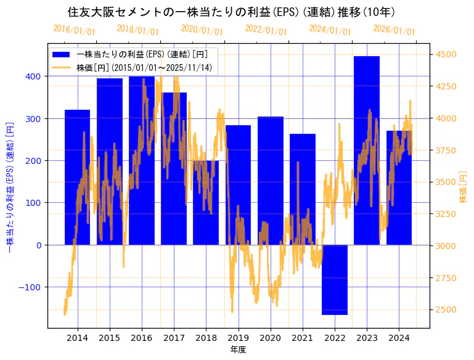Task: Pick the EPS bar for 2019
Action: [x=238, y=185]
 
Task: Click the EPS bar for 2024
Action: [x=399, y=187]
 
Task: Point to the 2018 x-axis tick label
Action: [x=206, y=338]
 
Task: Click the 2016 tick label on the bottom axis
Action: [x=142, y=338]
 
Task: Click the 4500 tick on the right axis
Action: [x=446, y=54]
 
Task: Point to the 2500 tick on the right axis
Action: [x=446, y=309]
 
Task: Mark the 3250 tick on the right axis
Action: [x=446, y=214]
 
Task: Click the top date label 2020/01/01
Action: [x=202, y=30]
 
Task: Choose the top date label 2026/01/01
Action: [x=394, y=30]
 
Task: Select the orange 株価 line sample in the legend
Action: [x=62, y=67]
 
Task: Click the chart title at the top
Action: [x=231, y=12]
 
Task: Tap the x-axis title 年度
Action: [x=239, y=350]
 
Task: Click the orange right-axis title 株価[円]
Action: [x=464, y=187]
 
